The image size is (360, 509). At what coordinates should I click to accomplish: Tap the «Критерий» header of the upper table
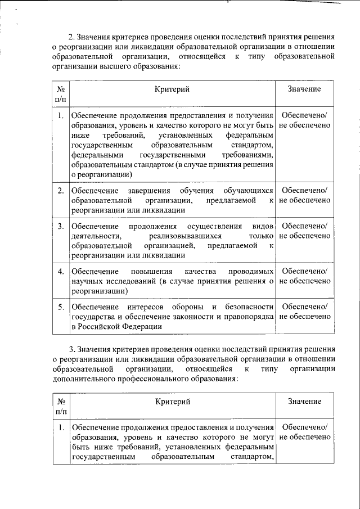pos(173,89)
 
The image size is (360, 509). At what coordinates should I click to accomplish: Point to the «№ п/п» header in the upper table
pos(61,94)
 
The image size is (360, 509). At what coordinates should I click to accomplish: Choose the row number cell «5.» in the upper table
pos(61,307)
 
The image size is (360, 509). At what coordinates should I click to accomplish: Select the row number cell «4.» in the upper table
pos(61,272)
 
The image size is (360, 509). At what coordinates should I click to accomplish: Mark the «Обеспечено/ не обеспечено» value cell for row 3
pos(304,231)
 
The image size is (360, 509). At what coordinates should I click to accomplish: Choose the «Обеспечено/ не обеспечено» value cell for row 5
pos(304,312)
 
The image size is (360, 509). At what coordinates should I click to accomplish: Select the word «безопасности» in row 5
pos(250,307)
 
